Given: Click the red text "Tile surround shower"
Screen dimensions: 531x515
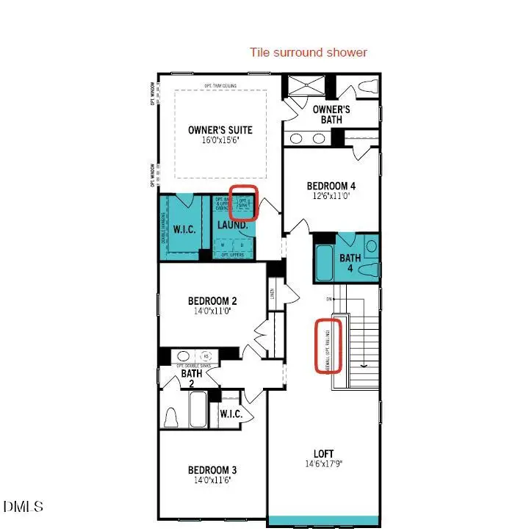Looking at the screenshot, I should click(x=309, y=52).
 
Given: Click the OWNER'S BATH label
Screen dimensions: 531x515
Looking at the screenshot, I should click(x=331, y=115).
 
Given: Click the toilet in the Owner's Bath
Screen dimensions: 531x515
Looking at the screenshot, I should click(x=365, y=89).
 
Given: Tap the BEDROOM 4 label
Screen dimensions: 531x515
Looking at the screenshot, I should click(x=332, y=187).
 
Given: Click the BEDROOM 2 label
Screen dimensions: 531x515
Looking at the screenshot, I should click(x=212, y=301).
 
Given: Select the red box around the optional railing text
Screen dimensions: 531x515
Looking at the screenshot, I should click(x=328, y=345).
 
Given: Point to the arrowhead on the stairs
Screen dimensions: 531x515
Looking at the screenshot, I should click(x=364, y=362).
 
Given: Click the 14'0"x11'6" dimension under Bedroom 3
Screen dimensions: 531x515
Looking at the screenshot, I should click(x=212, y=480).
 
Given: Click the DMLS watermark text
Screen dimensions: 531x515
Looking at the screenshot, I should click(x=24, y=506).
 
